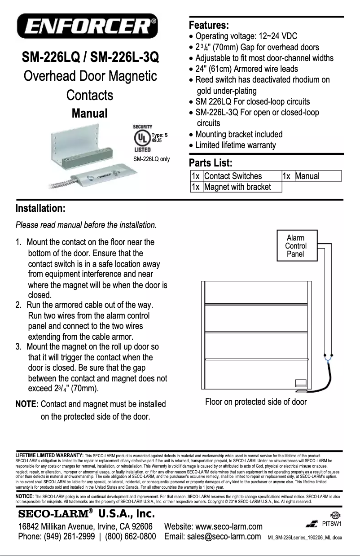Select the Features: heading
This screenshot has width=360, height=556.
[x=209, y=24]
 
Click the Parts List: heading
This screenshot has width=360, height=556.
[x=211, y=162]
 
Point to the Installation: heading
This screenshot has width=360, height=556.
[x=41, y=209]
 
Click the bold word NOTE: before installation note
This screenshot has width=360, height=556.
[x=26, y=404]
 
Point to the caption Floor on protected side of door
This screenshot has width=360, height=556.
[x=256, y=402]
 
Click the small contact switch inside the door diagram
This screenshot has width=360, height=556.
[x=301, y=384]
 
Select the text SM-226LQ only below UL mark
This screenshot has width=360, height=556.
[x=152, y=159]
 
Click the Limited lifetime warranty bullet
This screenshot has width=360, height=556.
[x=236, y=145]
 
